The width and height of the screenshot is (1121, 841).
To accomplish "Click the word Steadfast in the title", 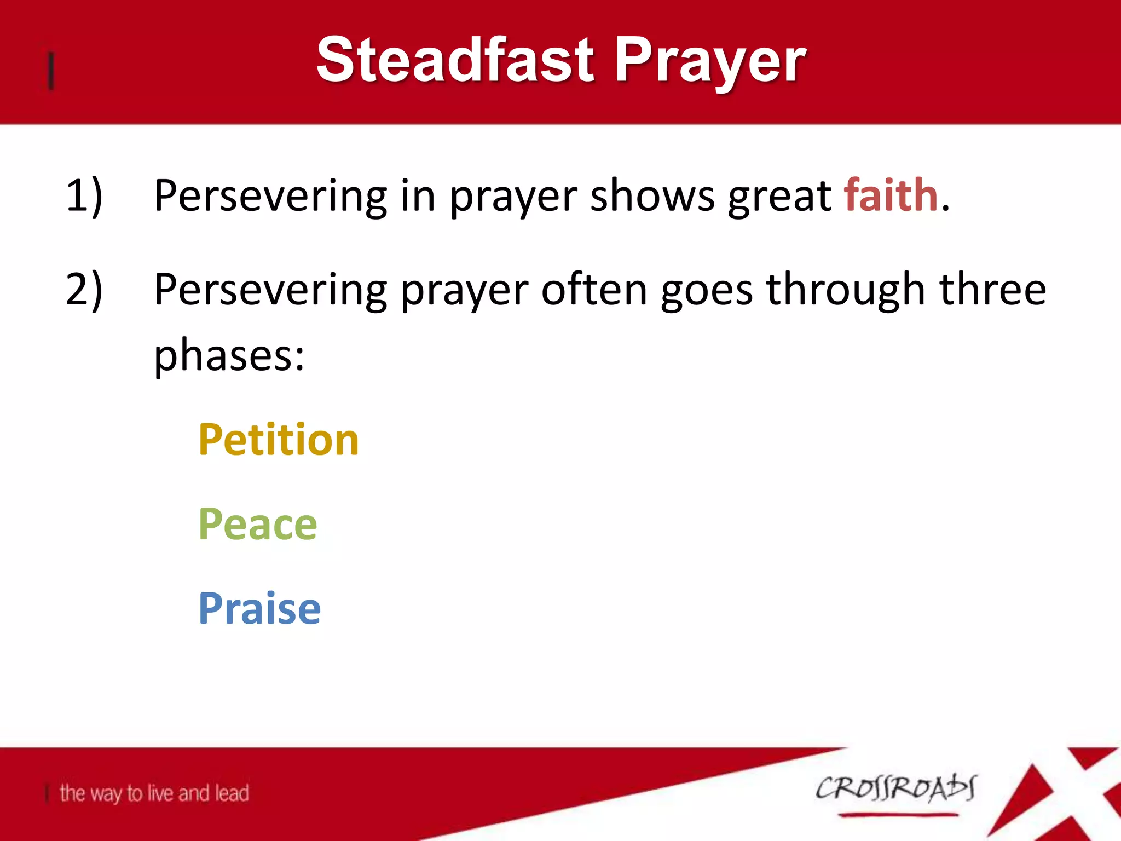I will coord(455,60).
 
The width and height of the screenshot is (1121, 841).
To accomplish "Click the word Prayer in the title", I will coord(710,61).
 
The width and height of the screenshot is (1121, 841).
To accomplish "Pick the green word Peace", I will coord(257,524).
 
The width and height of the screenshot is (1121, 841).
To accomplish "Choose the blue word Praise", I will coord(259,608).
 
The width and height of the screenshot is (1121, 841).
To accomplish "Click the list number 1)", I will coord(84,195).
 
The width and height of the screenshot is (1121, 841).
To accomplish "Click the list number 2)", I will coord(84,290).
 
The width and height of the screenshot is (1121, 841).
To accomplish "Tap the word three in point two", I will coord(992,290).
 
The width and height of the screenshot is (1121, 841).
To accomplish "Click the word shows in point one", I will coord(652,195).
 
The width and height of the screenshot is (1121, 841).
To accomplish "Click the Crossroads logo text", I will coord(895,788).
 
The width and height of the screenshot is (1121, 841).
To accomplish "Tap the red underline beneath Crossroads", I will coord(898,815).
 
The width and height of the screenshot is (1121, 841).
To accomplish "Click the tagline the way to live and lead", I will coord(154,793).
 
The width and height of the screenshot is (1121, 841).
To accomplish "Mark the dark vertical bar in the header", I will coord(51,71).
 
